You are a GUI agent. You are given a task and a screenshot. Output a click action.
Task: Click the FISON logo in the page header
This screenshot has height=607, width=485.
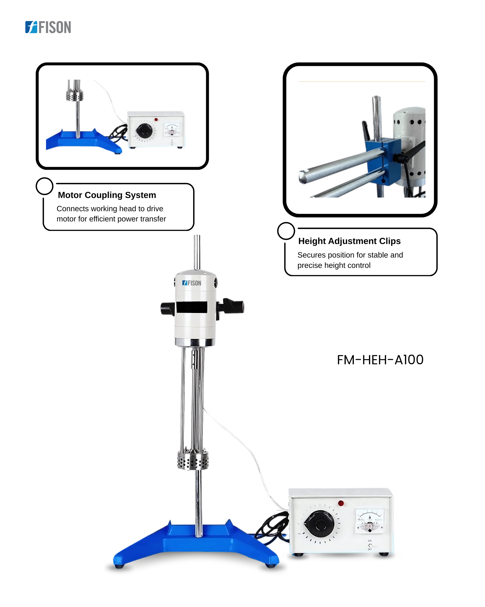coord(48,27)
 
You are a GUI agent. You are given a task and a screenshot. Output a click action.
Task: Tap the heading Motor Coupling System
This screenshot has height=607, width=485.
coord(107,195)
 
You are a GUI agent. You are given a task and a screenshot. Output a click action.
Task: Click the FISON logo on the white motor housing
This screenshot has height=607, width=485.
coord(192,283)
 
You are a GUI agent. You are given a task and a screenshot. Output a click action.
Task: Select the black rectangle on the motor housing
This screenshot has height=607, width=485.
coord(192,307)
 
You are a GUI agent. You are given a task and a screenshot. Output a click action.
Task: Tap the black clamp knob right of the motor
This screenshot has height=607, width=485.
coord(231,306)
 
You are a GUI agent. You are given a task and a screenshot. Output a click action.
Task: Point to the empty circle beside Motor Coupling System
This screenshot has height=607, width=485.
coord(44,186)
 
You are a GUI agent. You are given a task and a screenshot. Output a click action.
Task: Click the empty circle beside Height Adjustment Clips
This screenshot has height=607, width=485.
coord(286,231)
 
